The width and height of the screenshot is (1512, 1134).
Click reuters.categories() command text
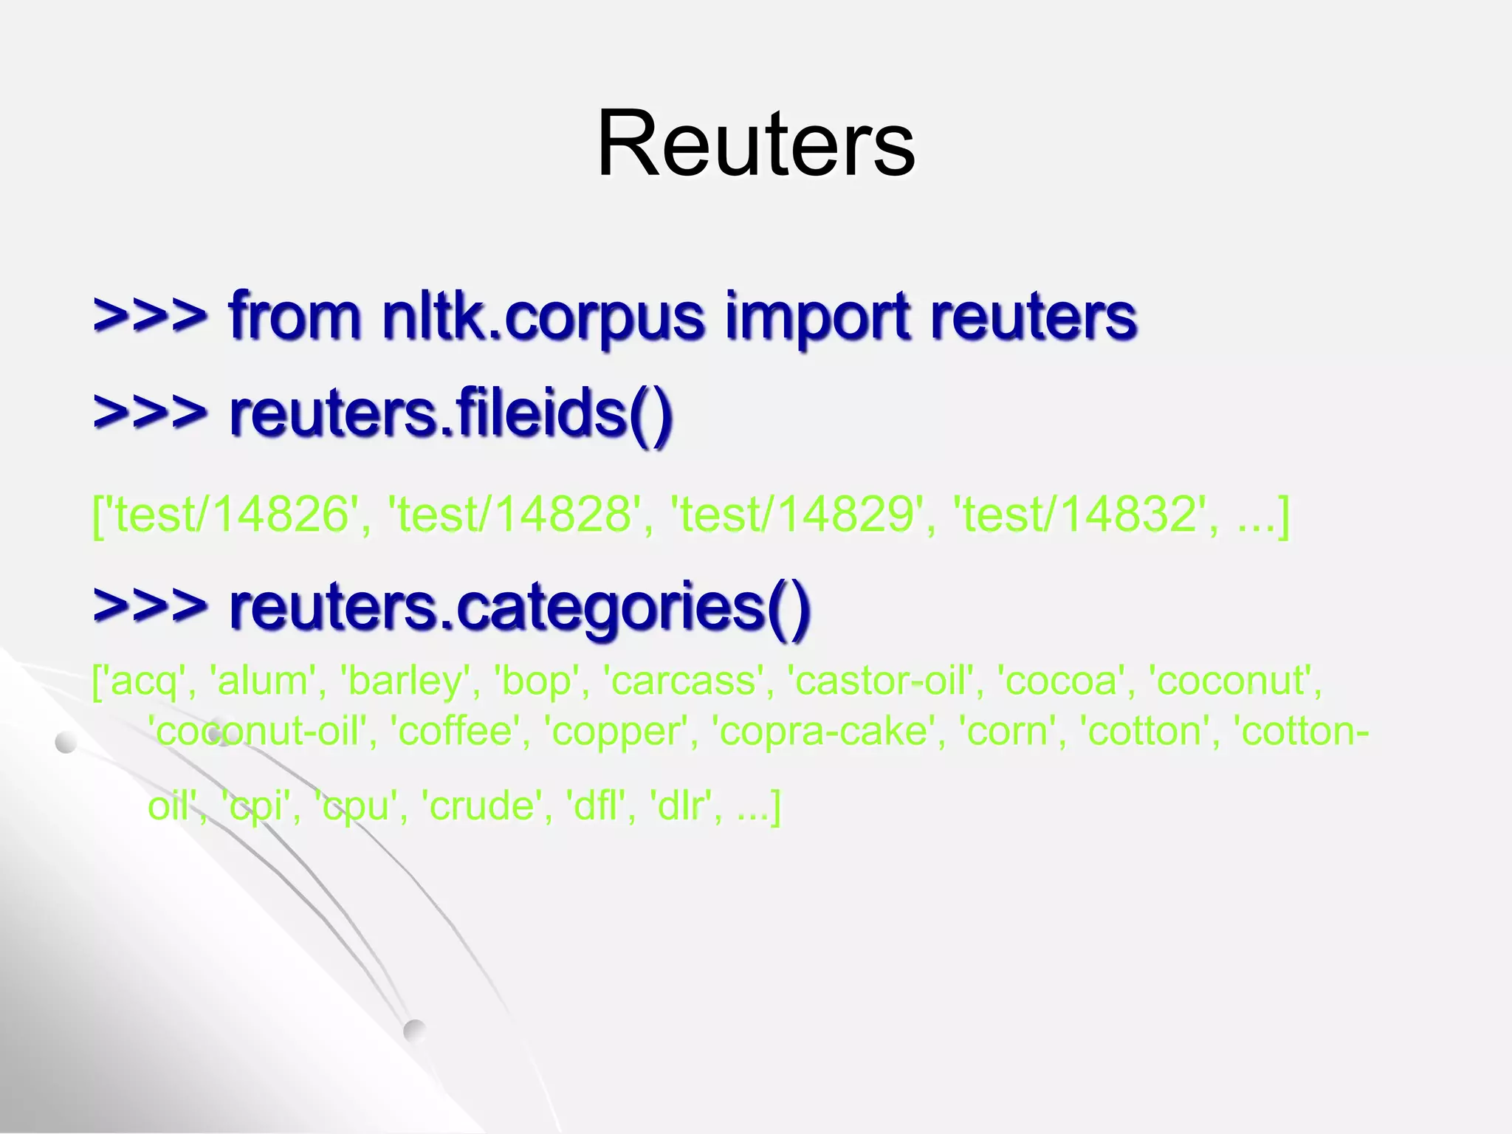coord(520,607)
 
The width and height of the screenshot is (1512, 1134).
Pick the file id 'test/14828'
coord(517,514)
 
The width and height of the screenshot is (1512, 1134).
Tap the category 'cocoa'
coord(1062,681)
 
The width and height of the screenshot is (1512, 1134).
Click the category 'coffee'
coord(456,732)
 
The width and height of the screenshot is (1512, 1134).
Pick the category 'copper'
coord(616,732)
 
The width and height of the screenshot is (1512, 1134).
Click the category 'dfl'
coord(595,805)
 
